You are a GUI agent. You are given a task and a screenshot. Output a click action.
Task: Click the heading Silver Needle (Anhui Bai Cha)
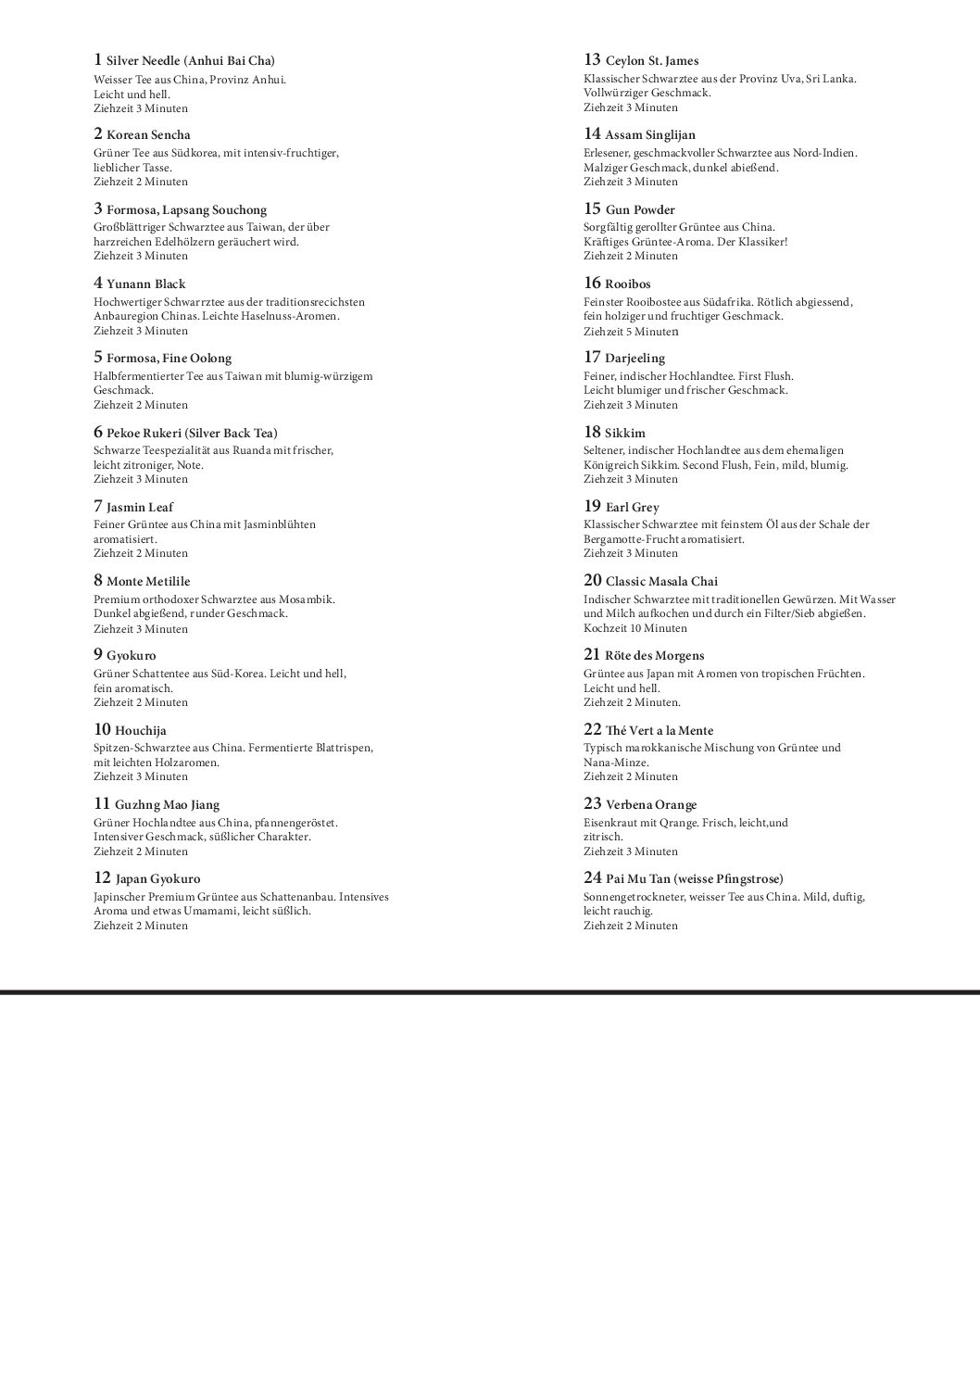point(191,61)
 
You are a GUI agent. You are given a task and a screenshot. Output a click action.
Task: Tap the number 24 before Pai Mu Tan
point(592,877)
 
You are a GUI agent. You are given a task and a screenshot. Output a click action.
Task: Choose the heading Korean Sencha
point(148,135)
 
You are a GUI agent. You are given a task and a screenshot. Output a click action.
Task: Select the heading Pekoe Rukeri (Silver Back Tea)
point(192,433)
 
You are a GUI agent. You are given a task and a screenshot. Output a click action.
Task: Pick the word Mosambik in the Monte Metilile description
point(310,599)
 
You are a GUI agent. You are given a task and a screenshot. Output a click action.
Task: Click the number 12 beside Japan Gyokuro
point(102,877)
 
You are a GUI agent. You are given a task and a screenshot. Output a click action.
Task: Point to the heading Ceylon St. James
point(652,61)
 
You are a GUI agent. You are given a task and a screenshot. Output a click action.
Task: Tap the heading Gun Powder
point(640,209)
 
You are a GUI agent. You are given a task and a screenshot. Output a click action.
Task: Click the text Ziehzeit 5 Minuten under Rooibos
point(631,331)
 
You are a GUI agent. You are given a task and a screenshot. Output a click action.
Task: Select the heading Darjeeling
point(634,358)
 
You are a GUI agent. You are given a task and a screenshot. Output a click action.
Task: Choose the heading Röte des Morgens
point(654,655)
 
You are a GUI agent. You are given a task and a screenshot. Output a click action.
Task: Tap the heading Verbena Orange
point(650,804)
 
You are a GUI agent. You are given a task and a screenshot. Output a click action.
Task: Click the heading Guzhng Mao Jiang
point(167,804)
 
